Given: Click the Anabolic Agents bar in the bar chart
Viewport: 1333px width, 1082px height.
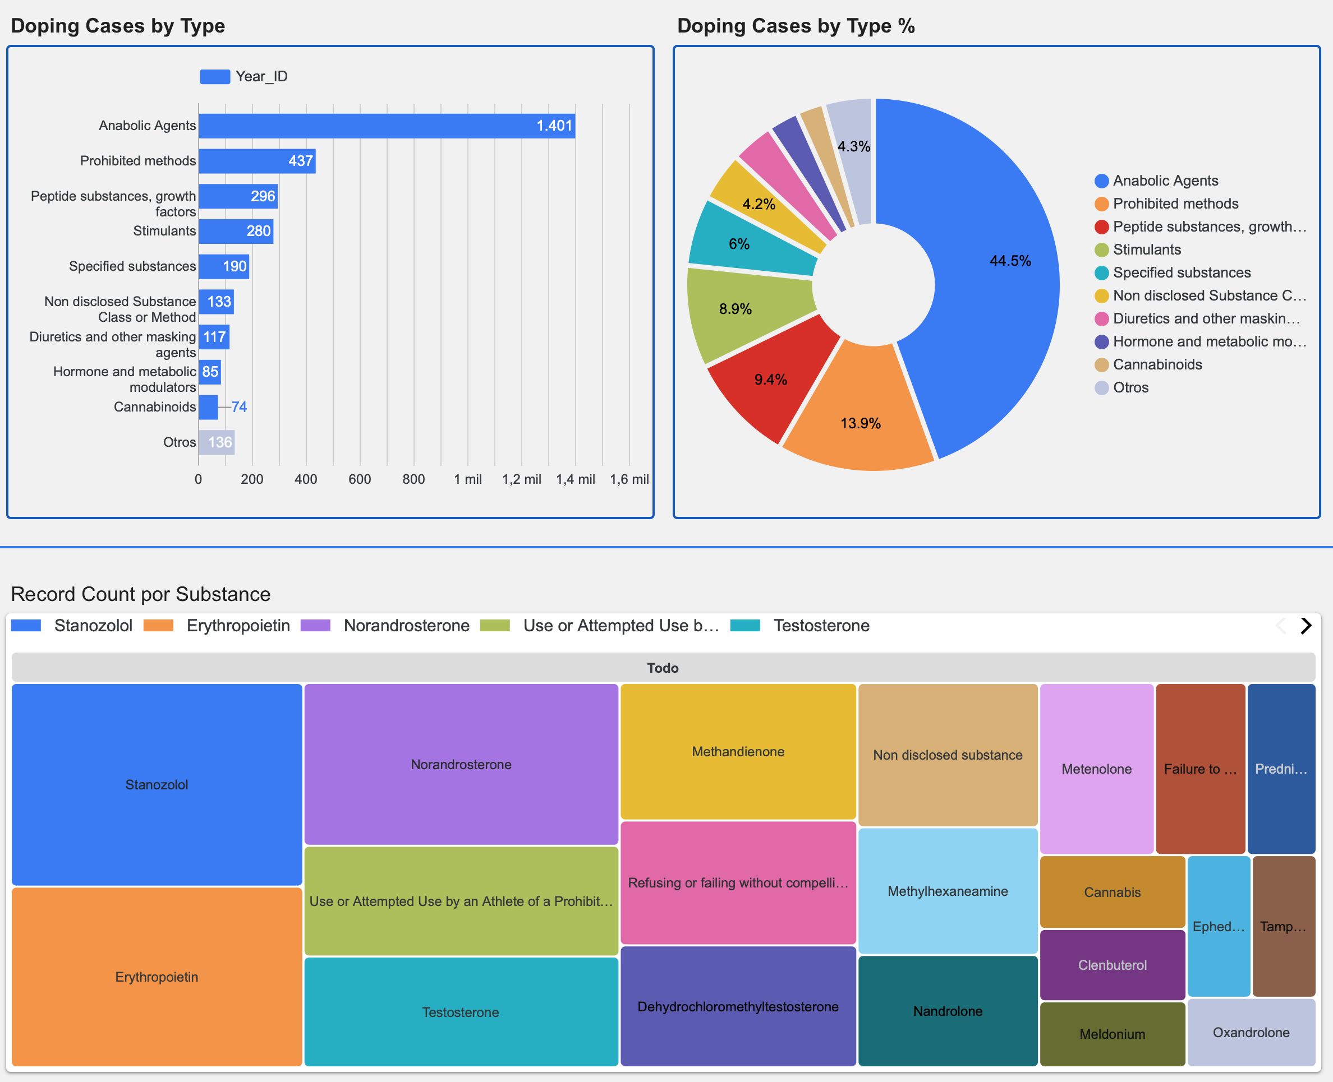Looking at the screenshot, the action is coord(387,126).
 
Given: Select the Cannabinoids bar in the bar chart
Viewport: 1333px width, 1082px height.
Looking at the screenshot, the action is coord(208,407).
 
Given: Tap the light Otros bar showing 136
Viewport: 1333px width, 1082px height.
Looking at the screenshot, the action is coord(217,442).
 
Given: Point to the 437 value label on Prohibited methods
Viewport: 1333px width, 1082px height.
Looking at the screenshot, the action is coord(301,161).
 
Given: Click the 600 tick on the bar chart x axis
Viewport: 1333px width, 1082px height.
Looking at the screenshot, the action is coord(360,479).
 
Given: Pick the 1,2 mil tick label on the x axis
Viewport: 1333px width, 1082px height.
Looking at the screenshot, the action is coord(521,479).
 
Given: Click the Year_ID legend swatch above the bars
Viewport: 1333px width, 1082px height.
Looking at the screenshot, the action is coord(214,77).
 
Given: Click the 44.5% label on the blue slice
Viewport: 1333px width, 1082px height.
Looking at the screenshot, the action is coord(1010,261).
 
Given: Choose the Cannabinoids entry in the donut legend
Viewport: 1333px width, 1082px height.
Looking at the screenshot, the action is coord(1148,364).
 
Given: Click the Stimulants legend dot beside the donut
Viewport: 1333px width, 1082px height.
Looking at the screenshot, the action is coord(1102,250).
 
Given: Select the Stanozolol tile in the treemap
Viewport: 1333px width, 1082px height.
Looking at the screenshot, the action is coord(157,785).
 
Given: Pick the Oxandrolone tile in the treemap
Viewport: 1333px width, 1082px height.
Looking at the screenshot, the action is coord(1251,1033).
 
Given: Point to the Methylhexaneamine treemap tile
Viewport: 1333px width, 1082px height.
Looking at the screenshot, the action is coord(948,891).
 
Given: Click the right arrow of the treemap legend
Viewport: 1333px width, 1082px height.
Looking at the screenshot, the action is coord(1306,626).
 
